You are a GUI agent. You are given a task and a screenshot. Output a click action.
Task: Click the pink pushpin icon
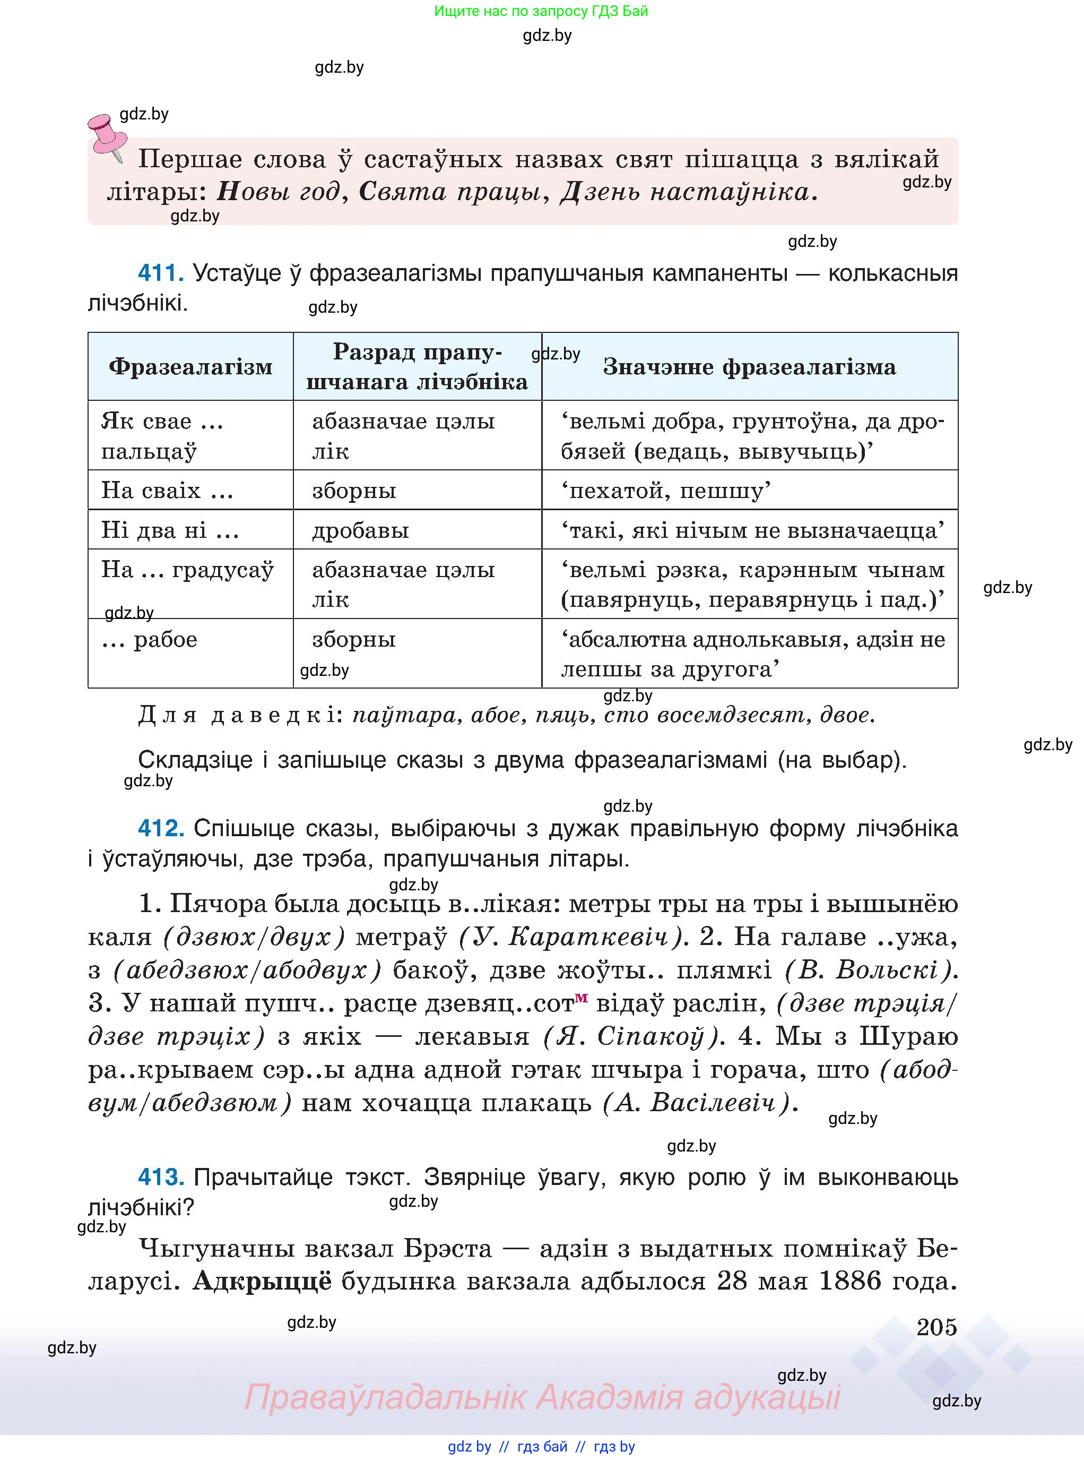pyautogui.click(x=108, y=136)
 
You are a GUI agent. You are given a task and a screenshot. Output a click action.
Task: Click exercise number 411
pyautogui.click(x=160, y=272)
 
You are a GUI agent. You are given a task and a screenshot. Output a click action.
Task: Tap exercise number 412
pyautogui.click(x=160, y=828)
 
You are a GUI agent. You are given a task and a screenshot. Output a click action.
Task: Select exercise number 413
pyautogui.click(x=160, y=1177)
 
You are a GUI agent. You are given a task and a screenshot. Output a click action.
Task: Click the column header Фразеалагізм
pyautogui.click(x=190, y=366)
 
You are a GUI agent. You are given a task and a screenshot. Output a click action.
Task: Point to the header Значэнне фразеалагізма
pyautogui.click(x=749, y=366)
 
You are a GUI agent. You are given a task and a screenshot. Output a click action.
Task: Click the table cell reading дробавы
pyautogui.click(x=360, y=530)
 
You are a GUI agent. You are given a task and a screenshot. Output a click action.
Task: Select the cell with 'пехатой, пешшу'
pyautogui.click(x=666, y=491)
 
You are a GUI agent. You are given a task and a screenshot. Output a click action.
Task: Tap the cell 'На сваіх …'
pyautogui.click(x=167, y=491)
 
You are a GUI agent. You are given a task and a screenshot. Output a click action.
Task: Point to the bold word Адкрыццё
pyautogui.click(x=263, y=1281)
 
